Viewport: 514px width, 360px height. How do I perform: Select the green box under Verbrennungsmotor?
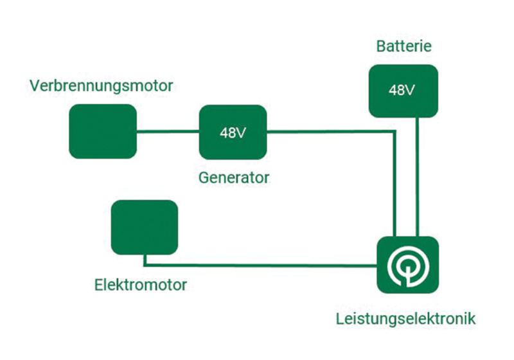[x=103, y=131]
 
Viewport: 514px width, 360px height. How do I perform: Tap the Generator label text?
[x=233, y=176]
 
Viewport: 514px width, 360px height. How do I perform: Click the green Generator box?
[x=233, y=132]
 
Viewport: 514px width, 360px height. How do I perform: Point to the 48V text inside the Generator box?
[x=233, y=133]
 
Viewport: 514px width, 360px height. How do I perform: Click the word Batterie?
[x=403, y=47]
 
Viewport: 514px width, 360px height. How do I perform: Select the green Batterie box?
[x=403, y=91]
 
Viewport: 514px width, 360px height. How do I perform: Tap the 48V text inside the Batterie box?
[x=402, y=90]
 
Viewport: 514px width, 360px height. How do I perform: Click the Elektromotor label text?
[x=140, y=284]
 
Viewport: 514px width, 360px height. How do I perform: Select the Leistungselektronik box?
[x=407, y=264]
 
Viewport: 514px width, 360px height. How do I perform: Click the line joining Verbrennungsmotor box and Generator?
[x=168, y=132]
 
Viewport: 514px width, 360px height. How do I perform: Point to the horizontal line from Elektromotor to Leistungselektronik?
[x=257, y=265]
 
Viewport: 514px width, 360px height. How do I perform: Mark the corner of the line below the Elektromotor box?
[x=145, y=264]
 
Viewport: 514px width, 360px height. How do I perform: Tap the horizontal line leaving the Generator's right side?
[x=328, y=132]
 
